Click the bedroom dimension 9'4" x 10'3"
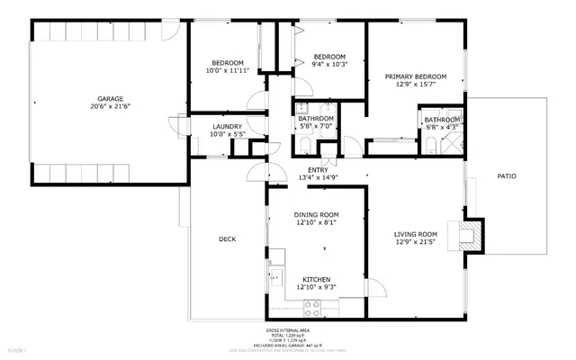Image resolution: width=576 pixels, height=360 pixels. click(x=328, y=64)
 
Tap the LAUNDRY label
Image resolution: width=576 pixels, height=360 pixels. click(x=226, y=127)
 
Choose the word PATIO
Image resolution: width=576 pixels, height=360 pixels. click(x=507, y=175)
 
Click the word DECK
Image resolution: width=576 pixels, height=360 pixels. click(x=228, y=238)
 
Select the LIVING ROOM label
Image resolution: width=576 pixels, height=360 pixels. click(x=415, y=235)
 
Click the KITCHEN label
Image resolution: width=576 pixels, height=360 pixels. click(x=317, y=279)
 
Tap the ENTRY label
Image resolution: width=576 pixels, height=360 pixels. click(x=318, y=170)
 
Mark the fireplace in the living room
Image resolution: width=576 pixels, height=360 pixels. click(x=469, y=235)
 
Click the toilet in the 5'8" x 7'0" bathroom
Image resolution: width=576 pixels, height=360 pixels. click(x=302, y=144)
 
